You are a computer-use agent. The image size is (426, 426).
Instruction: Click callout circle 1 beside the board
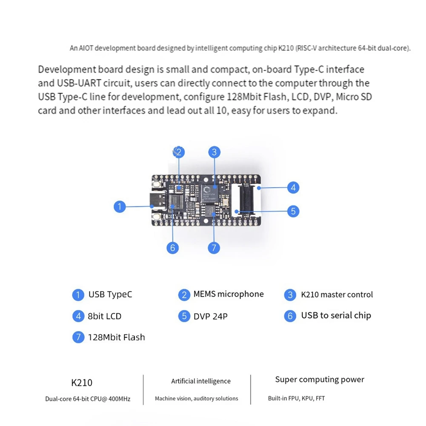(120, 207)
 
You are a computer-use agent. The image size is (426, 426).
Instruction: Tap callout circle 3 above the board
(214, 152)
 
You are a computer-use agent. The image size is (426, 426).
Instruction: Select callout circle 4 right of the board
(293, 187)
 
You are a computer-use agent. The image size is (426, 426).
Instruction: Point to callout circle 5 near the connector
(293, 211)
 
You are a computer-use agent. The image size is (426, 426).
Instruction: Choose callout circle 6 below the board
(172, 248)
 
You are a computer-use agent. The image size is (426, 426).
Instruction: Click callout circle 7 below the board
(214, 248)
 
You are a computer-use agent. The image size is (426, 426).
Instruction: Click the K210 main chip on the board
(209, 193)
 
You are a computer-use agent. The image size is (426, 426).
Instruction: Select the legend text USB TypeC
(110, 294)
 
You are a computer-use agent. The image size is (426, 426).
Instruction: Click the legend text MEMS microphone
(229, 294)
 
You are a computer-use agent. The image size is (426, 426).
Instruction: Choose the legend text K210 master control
(337, 294)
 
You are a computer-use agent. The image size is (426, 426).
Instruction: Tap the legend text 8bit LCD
(105, 316)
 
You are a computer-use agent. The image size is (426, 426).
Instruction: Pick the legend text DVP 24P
(210, 316)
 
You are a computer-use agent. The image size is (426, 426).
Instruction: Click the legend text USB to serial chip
(336, 315)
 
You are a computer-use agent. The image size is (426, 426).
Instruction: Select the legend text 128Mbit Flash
(116, 337)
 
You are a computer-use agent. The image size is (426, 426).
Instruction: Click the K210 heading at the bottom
(82, 383)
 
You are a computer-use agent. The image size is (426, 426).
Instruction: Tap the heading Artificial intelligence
(201, 381)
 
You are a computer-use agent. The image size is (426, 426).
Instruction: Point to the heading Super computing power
(320, 380)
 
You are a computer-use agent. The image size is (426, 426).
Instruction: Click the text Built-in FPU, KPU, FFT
(297, 399)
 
